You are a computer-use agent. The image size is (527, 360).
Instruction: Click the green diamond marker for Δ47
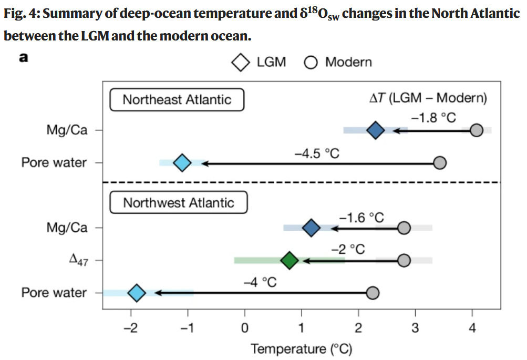290,260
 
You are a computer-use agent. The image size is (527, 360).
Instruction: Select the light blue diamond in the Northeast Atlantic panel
182,163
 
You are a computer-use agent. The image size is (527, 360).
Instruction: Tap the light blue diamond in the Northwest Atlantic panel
137,293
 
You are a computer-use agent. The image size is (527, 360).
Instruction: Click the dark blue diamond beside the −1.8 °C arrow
375,130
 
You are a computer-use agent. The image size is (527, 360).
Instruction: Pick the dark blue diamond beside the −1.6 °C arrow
312,228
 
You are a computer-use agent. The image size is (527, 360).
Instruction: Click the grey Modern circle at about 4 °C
477,130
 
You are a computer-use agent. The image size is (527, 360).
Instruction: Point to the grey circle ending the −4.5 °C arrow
440,163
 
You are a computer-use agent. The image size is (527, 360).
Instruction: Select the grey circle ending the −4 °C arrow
373,293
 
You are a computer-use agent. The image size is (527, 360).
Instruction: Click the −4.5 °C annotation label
317,153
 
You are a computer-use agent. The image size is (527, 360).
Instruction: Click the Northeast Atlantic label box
177,100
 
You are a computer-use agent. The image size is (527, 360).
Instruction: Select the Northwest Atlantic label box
179,202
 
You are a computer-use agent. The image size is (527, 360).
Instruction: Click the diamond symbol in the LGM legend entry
241,63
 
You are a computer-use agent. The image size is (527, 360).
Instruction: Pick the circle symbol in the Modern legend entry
311,63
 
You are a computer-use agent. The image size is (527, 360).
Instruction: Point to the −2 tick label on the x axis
130,330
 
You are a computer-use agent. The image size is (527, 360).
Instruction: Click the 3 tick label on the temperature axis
416,330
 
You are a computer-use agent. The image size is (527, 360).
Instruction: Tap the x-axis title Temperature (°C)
302,349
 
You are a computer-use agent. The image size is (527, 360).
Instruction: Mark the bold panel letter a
23,58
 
